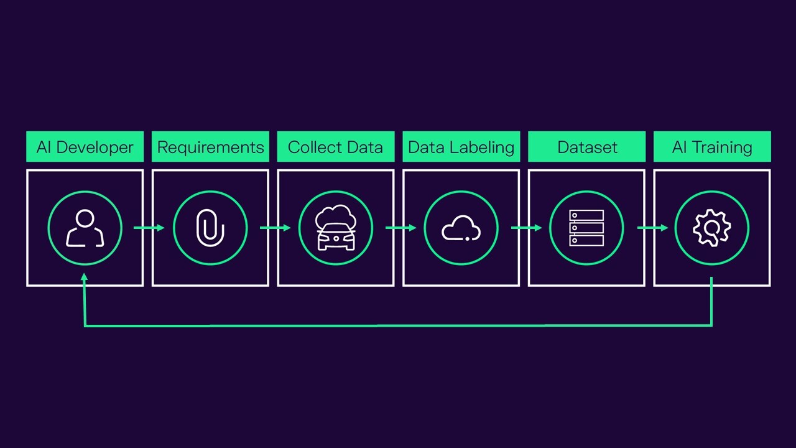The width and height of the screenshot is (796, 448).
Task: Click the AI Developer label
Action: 85,147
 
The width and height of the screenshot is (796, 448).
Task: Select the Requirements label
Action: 210,147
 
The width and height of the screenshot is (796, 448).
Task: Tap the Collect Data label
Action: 336,147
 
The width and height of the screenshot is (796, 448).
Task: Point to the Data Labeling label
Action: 461,147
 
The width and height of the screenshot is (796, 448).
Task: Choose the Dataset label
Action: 586,147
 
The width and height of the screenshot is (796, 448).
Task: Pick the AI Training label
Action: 712,147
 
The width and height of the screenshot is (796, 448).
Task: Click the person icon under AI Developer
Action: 85,228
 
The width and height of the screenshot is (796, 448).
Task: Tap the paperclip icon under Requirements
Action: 210,228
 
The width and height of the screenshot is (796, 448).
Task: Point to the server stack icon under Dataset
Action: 586,228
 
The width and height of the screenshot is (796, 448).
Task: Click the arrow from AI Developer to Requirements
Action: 149,228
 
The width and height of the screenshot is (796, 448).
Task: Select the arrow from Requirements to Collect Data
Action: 275,228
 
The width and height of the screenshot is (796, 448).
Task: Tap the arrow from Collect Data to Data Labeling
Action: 401,228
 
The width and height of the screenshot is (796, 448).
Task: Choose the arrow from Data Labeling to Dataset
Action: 527,228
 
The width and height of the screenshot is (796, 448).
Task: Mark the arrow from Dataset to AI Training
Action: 652,228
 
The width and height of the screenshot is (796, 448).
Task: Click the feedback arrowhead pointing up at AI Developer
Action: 84,277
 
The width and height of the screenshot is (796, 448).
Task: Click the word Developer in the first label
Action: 95,147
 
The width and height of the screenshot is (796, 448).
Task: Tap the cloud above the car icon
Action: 336,215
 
